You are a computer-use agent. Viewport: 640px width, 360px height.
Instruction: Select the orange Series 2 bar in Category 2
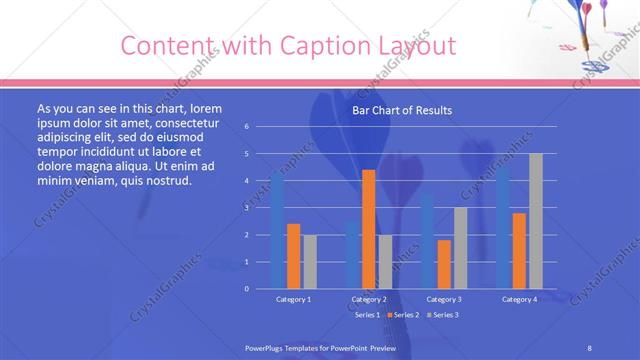coord(368,229)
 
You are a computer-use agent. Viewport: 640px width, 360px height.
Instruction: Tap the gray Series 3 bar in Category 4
coord(536,221)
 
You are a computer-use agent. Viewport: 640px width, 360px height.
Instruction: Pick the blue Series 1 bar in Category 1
coord(277,231)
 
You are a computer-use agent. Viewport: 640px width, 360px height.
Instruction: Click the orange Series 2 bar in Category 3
coord(444,264)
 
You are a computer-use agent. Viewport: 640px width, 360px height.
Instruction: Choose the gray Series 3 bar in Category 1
coord(309,261)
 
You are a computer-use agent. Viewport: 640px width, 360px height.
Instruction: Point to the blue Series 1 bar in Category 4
coord(503,227)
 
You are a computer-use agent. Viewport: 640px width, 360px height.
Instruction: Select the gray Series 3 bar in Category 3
coord(460,248)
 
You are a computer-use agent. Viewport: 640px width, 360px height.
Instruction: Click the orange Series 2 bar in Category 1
coord(293,256)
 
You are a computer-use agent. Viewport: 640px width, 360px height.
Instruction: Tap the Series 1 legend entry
coord(365,315)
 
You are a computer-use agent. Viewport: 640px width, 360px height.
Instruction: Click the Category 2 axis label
coord(369,299)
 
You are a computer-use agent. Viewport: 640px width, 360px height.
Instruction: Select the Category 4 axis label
coord(519,299)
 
